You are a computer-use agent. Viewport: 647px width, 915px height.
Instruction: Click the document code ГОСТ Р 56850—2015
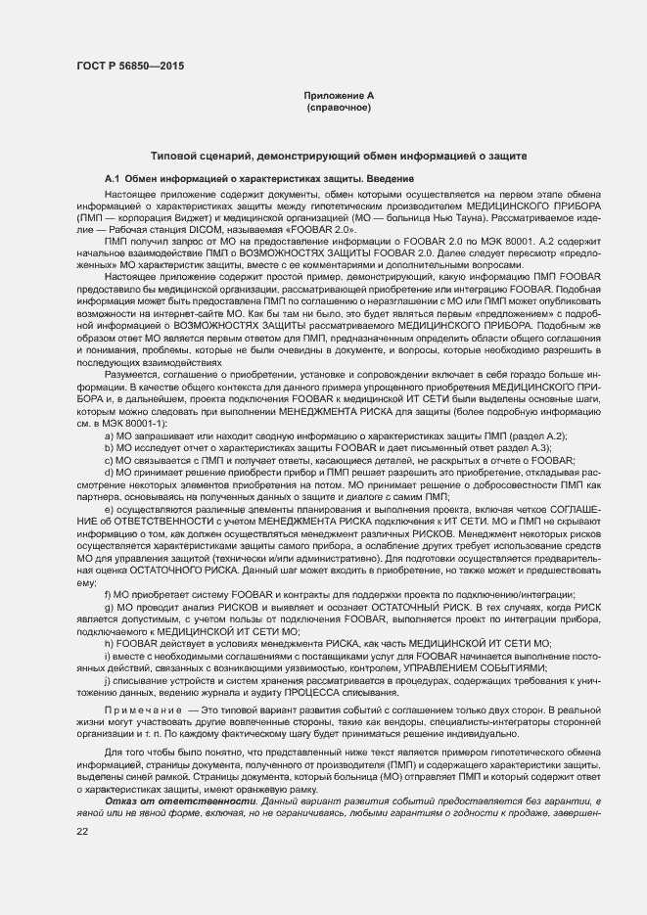(131, 66)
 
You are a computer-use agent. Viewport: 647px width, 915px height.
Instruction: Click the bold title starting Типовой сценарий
(339, 156)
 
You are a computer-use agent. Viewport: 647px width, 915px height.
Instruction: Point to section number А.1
(113, 179)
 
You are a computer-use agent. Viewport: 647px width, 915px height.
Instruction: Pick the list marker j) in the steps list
(107, 678)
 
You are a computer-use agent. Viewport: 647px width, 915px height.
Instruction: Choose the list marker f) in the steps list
(108, 594)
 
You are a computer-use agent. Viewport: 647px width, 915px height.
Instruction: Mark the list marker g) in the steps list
(109, 607)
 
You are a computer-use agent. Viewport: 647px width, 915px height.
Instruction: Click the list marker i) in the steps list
(107, 655)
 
